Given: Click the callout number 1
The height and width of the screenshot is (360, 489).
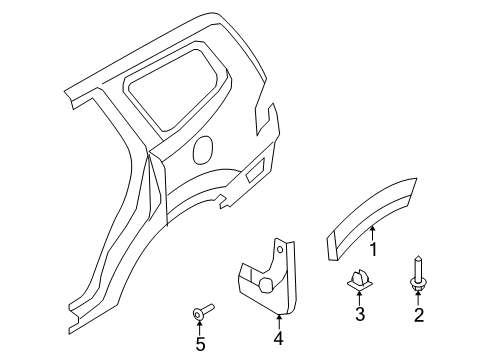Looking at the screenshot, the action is (374, 275).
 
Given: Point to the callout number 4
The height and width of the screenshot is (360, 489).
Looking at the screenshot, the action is (277, 338).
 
